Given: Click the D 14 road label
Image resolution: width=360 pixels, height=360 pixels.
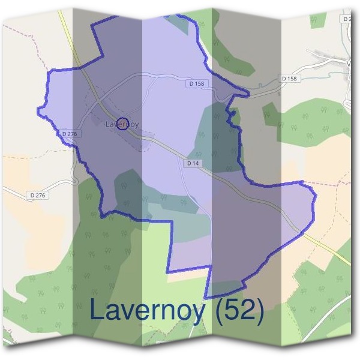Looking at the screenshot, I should (193, 163).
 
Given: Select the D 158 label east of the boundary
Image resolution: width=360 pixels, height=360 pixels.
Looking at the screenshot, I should (289, 79).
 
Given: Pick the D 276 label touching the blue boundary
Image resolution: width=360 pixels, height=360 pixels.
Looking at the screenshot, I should (70, 133).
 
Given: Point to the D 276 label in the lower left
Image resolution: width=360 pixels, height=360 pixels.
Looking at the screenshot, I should (37, 195).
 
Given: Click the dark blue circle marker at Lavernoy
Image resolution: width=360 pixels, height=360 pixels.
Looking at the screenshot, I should (122, 123).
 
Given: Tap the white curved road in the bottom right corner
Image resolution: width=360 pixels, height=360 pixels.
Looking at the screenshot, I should (336, 312).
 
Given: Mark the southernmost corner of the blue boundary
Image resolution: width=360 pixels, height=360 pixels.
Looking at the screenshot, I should (206, 297).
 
